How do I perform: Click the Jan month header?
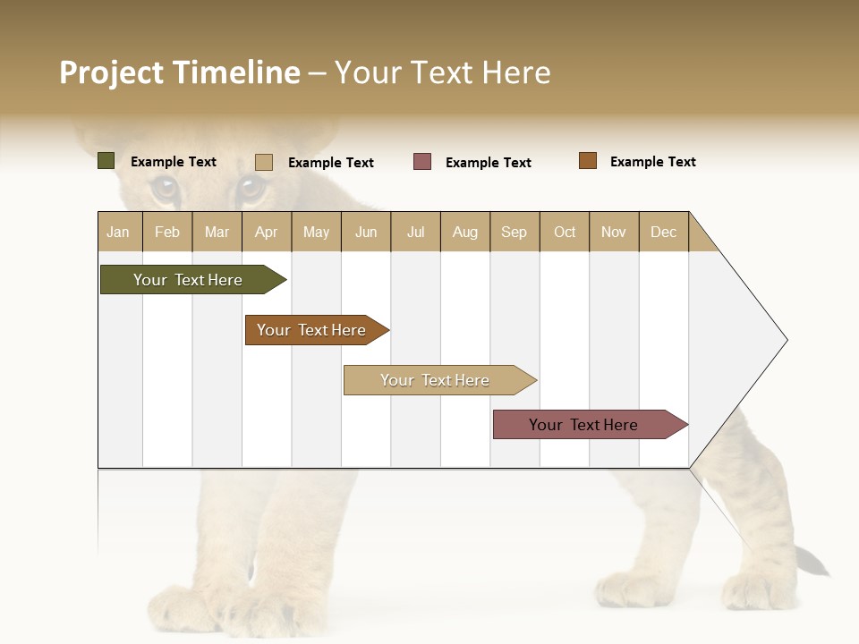118,232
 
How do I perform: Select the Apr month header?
266,232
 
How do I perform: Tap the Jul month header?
415,232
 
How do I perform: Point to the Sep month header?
514,232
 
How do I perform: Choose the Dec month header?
663,232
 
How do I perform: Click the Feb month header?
167,232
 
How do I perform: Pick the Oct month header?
565,232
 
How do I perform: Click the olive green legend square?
106,161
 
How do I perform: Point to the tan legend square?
264,162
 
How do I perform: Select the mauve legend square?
422,162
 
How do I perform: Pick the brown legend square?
587,161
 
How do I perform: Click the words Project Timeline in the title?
179,72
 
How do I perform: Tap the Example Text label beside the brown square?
652,162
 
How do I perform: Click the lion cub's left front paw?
188,608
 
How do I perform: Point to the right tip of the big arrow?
786,340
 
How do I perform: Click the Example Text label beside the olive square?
173,162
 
